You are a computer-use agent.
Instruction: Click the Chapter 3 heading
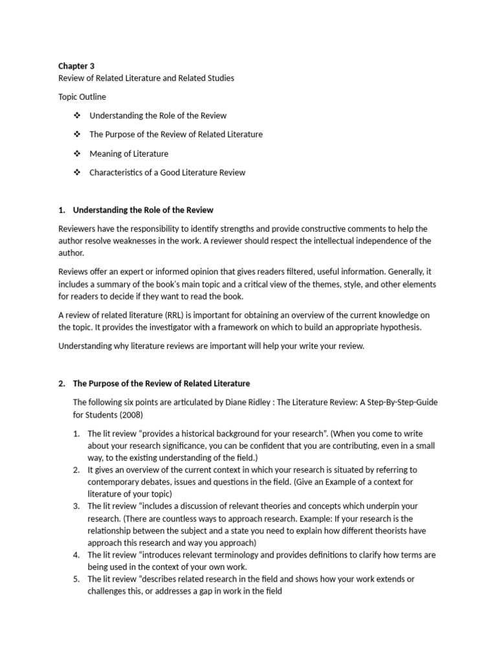click(76, 65)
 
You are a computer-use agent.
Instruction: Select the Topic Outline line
click(82, 96)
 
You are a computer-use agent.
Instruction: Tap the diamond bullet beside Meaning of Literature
click(77, 153)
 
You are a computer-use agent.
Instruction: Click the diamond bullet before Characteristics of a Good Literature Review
click(77, 172)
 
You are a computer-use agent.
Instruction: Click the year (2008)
click(128, 414)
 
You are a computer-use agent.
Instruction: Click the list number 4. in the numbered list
click(76, 555)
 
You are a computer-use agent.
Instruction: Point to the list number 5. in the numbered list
click(76, 579)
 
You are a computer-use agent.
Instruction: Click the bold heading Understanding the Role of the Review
click(143, 210)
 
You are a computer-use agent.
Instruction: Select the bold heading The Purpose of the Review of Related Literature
click(161, 383)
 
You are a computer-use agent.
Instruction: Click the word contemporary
click(116, 482)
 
